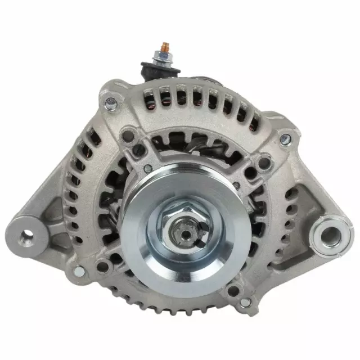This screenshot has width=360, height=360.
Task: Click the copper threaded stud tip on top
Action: pyautogui.click(x=165, y=44)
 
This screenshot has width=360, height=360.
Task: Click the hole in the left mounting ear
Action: pyautogui.click(x=27, y=235)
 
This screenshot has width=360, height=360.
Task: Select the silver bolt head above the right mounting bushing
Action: pyautogui.click(x=287, y=137)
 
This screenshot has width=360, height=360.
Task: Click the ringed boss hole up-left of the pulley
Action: pyautogui.click(x=130, y=136)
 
